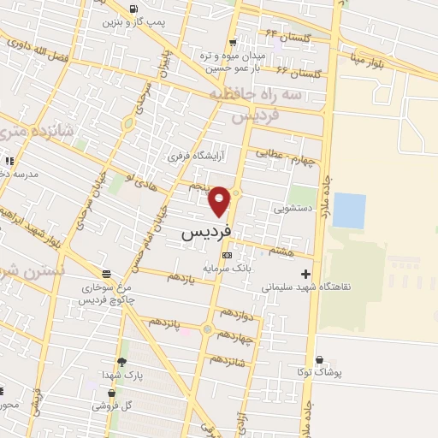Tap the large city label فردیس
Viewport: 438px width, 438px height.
(x=206, y=232)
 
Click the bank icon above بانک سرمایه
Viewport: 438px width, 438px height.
(x=226, y=255)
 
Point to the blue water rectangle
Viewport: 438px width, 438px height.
(x=348, y=210)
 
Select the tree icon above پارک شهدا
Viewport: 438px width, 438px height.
(x=121, y=362)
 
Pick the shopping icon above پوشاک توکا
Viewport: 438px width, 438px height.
(x=319, y=360)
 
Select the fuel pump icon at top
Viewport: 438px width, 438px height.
(x=133, y=9)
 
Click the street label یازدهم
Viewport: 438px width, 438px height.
(x=181, y=277)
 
